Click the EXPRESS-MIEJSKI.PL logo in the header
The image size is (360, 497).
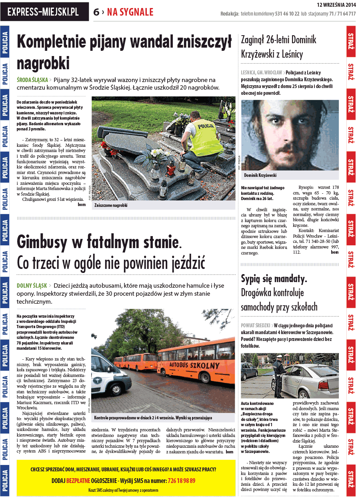click(x=44, y=12)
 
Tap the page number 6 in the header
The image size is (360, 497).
click(x=96, y=12)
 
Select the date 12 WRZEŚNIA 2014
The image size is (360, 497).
click(x=336, y=5)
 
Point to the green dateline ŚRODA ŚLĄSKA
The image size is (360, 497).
click(x=32, y=80)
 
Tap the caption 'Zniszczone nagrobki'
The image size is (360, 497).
click(x=111, y=205)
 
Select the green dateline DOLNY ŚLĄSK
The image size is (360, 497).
click(x=32, y=286)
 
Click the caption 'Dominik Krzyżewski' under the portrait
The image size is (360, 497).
click(x=260, y=175)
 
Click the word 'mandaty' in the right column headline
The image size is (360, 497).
click(x=289, y=279)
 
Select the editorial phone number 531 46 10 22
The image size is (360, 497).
click(x=287, y=14)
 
